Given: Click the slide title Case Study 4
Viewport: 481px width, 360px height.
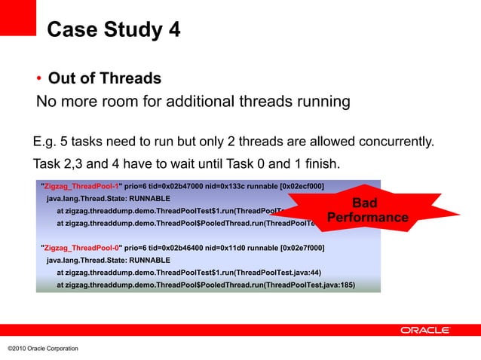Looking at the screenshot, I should (x=113, y=31).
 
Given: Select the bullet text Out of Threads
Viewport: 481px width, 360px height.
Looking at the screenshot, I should (x=105, y=79).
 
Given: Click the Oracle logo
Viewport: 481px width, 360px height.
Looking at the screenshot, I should (x=425, y=330).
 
